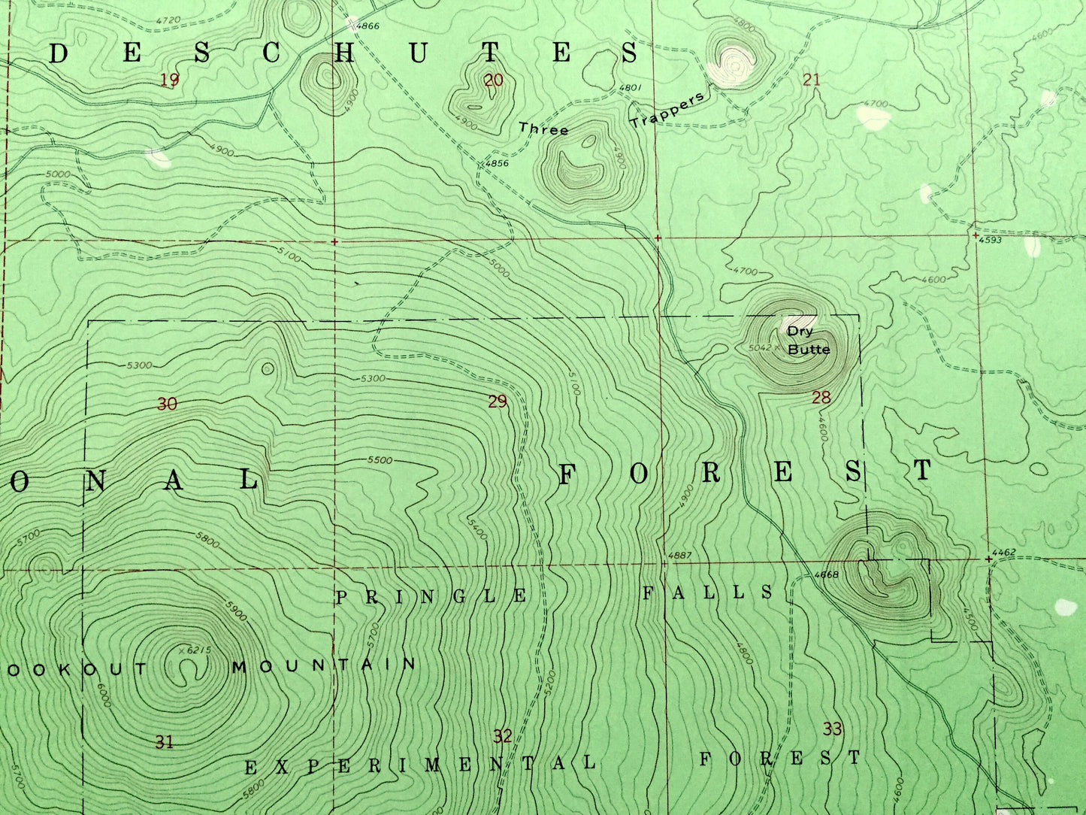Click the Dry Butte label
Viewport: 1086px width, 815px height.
[808, 340]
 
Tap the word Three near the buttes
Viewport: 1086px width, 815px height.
[543, 129]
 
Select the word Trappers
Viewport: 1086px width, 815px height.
[667, 110]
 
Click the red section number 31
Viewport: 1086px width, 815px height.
[165, 742]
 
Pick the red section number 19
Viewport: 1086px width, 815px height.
[170, 80]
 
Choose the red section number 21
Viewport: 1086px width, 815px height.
[812, 80]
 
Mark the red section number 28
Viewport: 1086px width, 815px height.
[821, 398]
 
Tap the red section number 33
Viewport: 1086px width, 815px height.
[832, 729]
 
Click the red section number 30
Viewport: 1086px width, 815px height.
[167, 404]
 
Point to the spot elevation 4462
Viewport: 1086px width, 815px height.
[1004, 553]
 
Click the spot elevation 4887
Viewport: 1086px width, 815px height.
[677, 556]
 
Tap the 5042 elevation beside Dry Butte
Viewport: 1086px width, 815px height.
[761, 348]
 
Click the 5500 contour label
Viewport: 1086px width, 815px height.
[380, 459]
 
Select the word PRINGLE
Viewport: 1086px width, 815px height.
[431, 597]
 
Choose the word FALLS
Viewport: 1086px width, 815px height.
[707, 592]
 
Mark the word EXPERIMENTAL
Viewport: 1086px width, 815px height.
[421, 765]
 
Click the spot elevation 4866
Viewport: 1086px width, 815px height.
[368, 26]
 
